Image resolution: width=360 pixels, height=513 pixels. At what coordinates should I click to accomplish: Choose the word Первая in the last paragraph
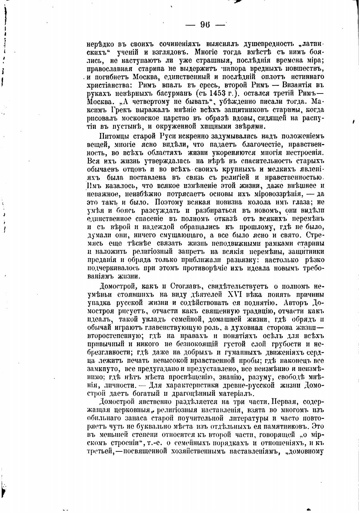[x=283, y=402]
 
